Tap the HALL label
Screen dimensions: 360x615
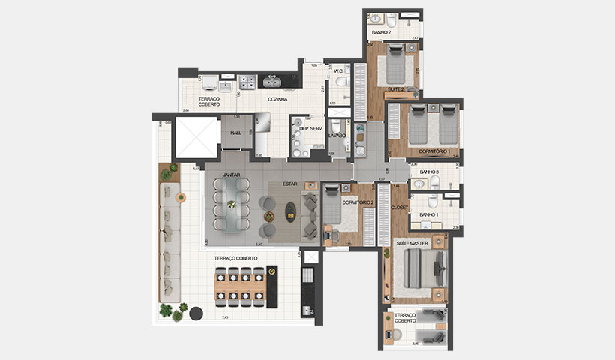point(235,133)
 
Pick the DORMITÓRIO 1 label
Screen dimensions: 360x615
point(434,151)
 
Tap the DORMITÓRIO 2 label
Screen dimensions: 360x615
point(357,202)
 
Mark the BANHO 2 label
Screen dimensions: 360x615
point(382,32)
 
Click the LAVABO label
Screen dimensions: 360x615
point(337,136)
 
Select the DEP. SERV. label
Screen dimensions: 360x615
point(310,129)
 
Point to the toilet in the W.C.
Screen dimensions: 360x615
point(341,82)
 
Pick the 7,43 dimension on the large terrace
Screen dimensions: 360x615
point(225,318)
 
